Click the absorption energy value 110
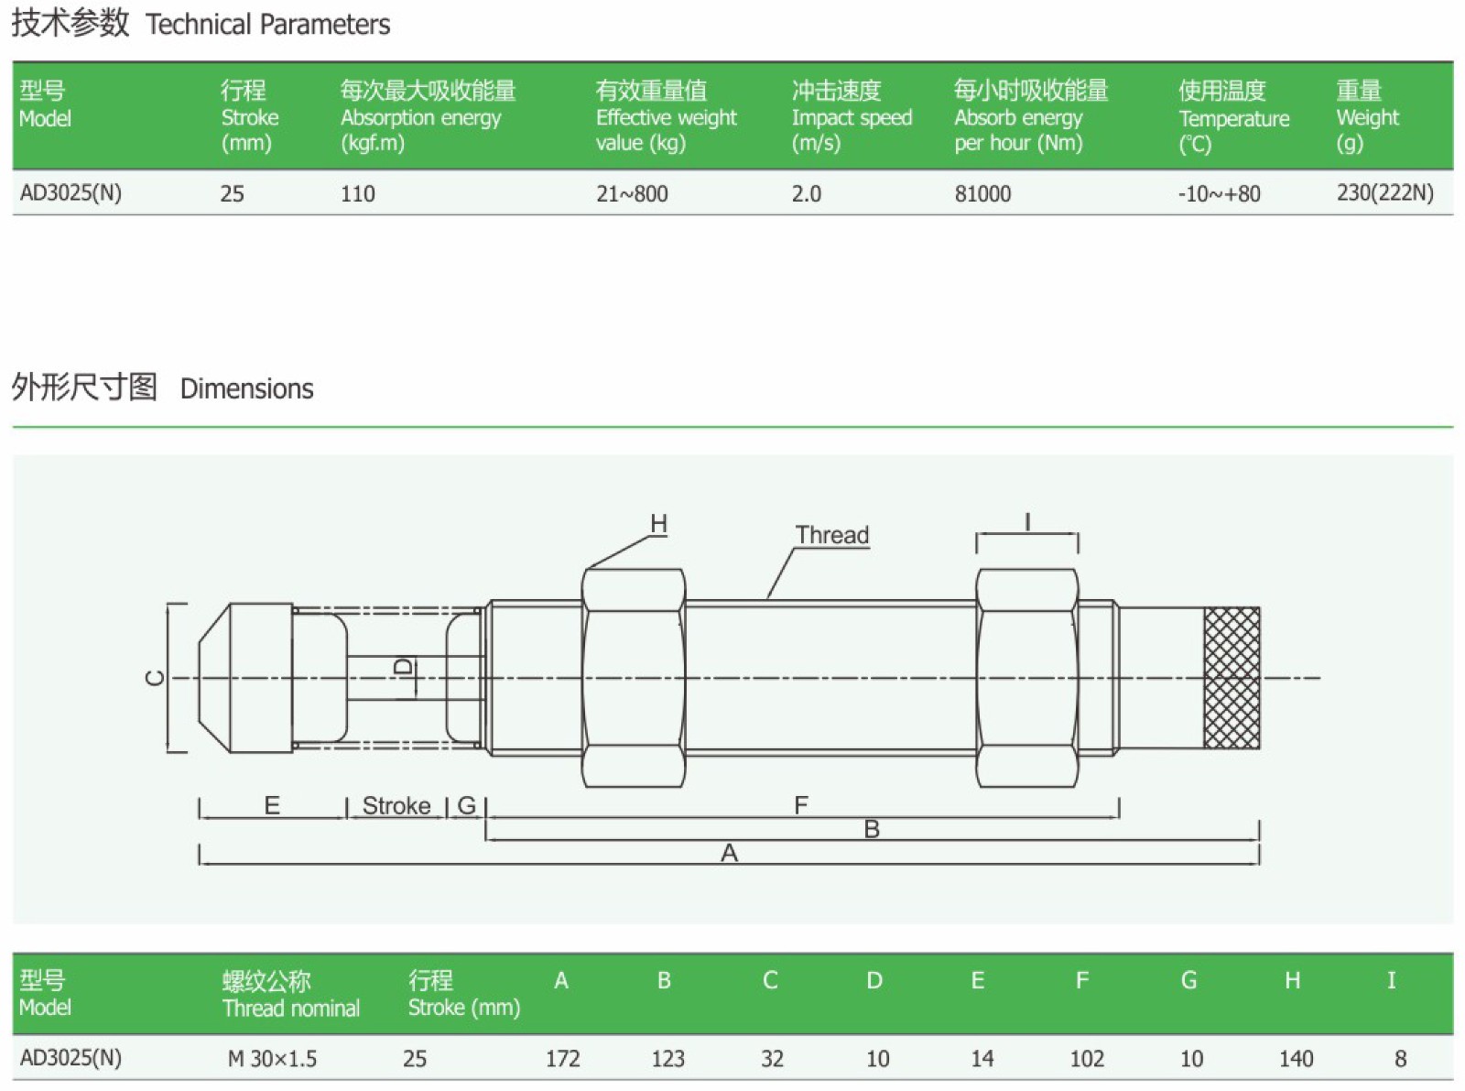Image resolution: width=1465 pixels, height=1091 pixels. click(357, 193)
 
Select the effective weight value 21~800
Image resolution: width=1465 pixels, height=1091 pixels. click(632, 193)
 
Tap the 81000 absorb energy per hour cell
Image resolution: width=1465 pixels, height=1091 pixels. click(982, 193)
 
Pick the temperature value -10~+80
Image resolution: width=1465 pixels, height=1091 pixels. click(1219, 193)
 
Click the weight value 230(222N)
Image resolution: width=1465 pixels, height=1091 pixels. click(1384, 192)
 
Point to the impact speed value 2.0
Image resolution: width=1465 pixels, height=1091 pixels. click(806, 193)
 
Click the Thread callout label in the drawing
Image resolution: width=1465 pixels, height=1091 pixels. click(831, 535)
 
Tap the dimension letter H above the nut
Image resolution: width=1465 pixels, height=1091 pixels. click(658, 524)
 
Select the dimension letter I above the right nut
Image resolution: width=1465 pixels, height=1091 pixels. click(1027, 523)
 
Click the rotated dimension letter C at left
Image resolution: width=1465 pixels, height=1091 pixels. click(156, 678)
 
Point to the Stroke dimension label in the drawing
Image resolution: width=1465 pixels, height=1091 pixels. click(396, 806)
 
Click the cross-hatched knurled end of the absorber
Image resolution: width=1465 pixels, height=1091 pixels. click(1232, 678)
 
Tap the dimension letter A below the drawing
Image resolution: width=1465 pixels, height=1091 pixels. click(729, 854)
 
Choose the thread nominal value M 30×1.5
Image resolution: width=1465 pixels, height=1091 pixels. click(272, 1059)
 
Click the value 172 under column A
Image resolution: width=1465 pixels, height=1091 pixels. click(562, 1059)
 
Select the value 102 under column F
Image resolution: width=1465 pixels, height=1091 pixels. click(1087, 1059)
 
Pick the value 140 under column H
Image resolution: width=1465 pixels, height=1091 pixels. click(1296, 1059)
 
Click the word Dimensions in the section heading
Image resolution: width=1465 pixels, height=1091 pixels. click(246, 389)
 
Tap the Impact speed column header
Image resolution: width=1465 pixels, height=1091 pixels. click(852, 116)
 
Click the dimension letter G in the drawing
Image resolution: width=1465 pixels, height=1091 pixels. click(466, 806)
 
